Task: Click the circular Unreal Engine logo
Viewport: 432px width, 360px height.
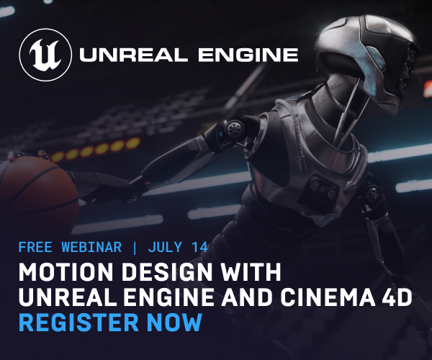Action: coord(46,55)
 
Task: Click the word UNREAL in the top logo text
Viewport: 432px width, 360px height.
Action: coord(134,55)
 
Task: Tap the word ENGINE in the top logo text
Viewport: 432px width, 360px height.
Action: coord(248,55)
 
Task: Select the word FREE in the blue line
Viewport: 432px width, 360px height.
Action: coord(35,247)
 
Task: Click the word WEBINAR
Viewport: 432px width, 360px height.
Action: coord(91,247)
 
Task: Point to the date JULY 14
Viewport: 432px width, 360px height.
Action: coord(178,247)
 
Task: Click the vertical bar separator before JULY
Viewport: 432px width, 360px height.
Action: coord(135,248)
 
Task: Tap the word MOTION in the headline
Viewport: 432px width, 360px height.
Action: coord(66,271)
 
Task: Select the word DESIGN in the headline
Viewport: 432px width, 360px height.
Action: coord(166,271)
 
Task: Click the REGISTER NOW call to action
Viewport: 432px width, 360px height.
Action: coord(110,322)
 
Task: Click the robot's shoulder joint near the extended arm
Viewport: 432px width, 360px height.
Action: coord(234,127)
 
